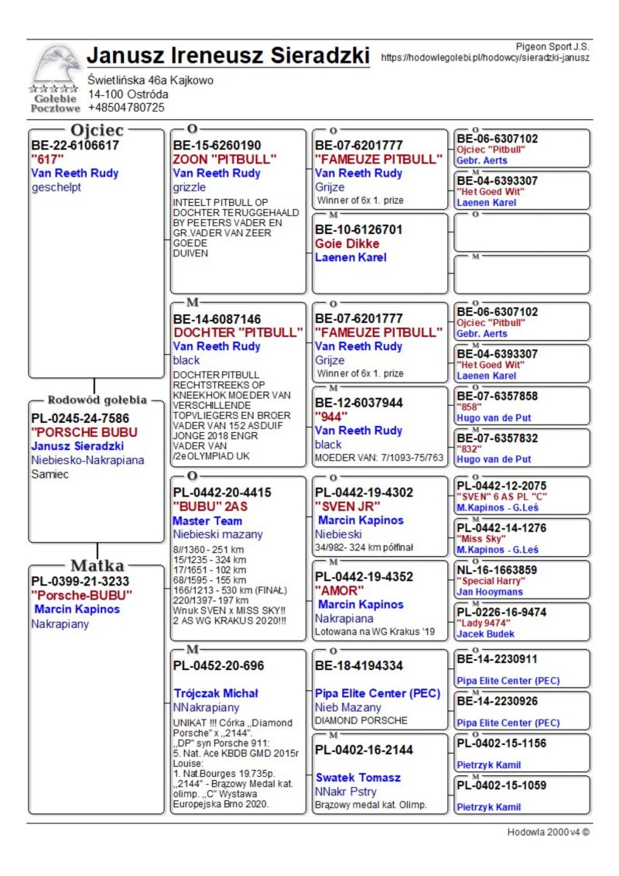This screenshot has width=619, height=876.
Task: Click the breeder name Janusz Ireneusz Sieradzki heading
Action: coord(228,57)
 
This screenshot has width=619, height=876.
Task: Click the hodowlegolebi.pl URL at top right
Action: coord(485,57)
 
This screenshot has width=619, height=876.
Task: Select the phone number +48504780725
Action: coord(126,108)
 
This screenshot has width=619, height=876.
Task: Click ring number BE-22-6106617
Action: coord(75,145)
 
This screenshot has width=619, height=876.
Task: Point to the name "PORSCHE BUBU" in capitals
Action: coord(84,431)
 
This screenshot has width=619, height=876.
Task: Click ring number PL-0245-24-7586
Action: coord(80,418)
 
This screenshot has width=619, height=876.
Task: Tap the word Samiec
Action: coord(50,474)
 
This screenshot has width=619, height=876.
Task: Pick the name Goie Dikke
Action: coord(347,243)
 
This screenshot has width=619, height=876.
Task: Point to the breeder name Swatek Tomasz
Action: coord(358,777)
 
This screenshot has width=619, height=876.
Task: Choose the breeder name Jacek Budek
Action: coord(487,634)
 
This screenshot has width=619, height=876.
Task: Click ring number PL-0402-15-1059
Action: coord(501,785)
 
